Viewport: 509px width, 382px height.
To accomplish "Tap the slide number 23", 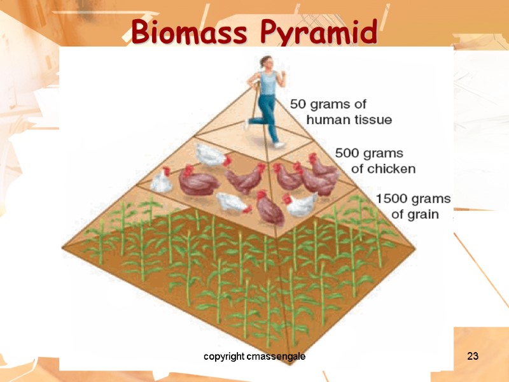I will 472,357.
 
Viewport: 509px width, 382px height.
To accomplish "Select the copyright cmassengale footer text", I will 254,357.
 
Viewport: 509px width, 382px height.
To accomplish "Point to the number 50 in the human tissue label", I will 299,104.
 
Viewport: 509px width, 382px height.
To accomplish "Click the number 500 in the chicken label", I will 348,154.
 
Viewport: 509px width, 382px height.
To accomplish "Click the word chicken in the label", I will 392,169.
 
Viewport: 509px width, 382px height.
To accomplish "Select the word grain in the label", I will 423,214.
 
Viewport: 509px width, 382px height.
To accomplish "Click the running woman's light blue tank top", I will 269,83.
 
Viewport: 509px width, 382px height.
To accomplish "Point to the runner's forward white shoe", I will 279,145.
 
